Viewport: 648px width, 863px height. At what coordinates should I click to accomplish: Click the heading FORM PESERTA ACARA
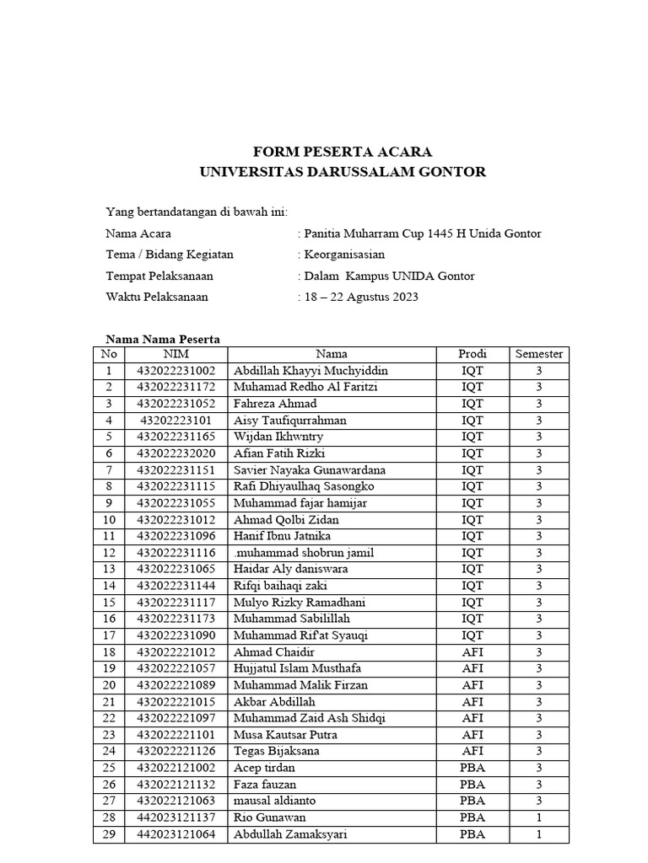[x=343, y=152]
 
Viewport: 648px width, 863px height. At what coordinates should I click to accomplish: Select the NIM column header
[x=175, y=354]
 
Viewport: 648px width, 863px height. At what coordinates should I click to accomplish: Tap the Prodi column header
[x=472, y=354]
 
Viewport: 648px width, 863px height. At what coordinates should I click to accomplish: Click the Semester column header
[x=538, y=354]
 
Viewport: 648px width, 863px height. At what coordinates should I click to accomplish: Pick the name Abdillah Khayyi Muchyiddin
[x=311, y=371]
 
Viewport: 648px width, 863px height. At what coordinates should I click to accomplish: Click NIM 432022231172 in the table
[x=176, y=387]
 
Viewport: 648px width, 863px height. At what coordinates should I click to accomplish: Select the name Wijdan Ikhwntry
[x=278, y=437]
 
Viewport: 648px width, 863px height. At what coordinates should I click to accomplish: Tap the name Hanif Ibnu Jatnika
[x=282, y=536]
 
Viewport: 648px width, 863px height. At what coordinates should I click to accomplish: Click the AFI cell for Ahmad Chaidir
[x=472, y=652]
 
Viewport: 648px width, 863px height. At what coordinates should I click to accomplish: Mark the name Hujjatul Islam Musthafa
[x=298, y=668]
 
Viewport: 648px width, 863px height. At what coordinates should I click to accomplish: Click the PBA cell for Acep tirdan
[x=472, y=768]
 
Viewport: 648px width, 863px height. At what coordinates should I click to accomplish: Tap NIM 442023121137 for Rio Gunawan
[x=176, y=817]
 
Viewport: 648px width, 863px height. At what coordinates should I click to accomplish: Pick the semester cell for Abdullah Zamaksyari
[x=538, y=834]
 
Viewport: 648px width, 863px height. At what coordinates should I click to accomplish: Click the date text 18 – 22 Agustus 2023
[x=362, y=297]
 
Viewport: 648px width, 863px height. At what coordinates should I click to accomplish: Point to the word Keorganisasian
[x=344, y=255]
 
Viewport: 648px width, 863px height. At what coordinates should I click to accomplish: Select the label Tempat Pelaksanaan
[x=159, y=276]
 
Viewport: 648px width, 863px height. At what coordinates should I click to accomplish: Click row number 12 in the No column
[x=109, y=553]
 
